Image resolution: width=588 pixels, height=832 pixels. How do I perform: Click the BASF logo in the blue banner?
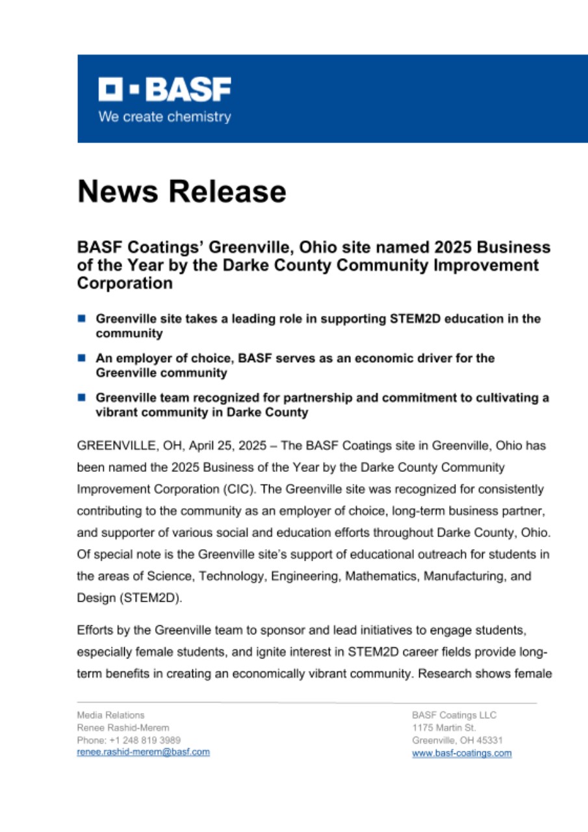click(x=164, y=90)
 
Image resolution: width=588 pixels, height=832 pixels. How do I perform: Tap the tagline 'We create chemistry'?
click(x=164, y=118)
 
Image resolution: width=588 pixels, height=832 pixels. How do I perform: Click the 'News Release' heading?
click(x=182, y=192)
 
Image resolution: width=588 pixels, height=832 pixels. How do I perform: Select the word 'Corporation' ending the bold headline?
click(x=125, y=284)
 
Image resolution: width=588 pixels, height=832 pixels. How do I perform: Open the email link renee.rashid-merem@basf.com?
click(x=143, y=752)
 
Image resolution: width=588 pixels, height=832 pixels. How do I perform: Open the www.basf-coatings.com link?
click(x=461, y=753)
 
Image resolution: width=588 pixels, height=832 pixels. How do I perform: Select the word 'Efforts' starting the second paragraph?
click(x=94, y=630)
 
